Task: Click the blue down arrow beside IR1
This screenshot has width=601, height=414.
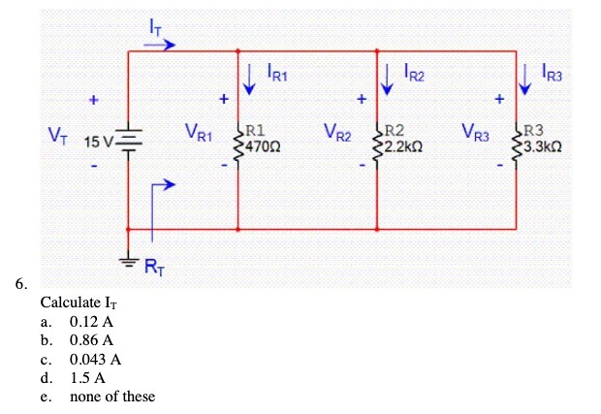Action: [x=250, y=80]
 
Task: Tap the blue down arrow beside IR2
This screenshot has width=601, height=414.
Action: [x=388, y=80]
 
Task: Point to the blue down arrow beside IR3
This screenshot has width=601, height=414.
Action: [x=526, y=80]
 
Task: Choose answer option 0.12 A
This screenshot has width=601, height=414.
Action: [x=91, y=321]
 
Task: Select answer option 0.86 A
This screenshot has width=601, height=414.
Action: [x=91, y=340]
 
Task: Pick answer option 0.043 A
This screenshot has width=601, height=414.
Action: [x=95, y=359]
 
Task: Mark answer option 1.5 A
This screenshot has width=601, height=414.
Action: [x=87, y=377]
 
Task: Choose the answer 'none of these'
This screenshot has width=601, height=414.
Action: [x=111, y=396]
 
